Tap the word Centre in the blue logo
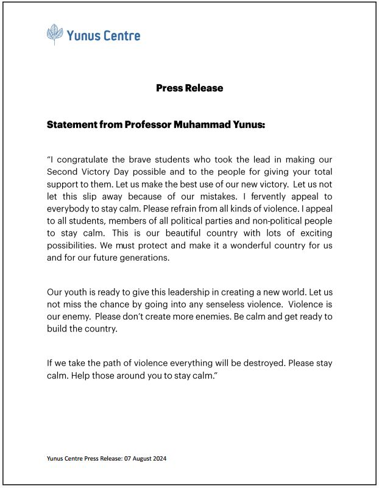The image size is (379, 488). coord(121,35)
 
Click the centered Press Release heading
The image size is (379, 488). coord(189,88)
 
